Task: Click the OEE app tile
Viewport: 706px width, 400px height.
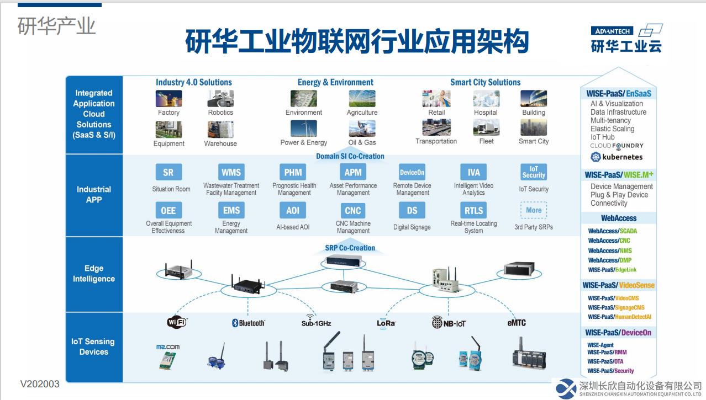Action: (x=168, y=210)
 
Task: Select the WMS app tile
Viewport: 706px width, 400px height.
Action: (x=231, y=172)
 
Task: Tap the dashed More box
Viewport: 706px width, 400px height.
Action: (x=533, y=210)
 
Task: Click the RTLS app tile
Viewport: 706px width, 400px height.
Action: (x=473, y=210)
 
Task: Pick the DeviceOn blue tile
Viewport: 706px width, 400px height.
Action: (x=412, y=172)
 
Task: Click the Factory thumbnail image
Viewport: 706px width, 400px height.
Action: (x=168, y=99)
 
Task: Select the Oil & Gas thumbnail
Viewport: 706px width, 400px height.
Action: (x=362, y=128)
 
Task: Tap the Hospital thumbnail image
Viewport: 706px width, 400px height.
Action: (x=486, y=99)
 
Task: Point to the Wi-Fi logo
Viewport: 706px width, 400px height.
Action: (x=177, y=322)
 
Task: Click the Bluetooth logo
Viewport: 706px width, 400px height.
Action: (x=249, y=323)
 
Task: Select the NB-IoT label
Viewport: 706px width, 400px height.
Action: (x=449, y=322)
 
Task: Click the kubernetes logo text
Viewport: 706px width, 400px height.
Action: (x=617, y=157)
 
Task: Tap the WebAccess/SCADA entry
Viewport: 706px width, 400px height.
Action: (x=613, y=231)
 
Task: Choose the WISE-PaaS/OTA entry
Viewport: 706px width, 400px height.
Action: (x=605, y=361)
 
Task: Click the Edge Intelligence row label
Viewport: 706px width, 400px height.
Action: (x=94, y=274)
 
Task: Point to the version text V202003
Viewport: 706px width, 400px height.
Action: (x=40, y=384)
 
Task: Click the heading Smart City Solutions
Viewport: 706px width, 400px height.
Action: (x=485, y=82)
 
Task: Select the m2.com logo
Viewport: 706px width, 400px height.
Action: (x=168, y=346)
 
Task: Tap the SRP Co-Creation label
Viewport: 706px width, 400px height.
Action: (x=350, y=248)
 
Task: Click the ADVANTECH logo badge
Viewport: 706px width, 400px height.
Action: (x=612, y=31)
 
